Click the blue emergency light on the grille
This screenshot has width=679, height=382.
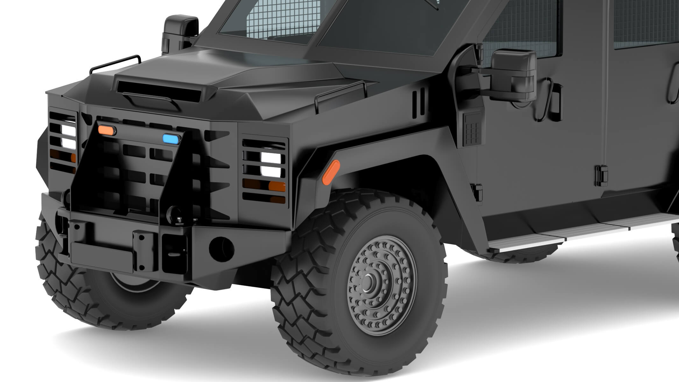(x=172, y=139)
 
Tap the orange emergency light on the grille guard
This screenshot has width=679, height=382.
(x=107, y=130)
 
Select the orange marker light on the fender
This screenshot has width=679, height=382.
(x=331, y=172)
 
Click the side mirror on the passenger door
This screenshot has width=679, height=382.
(x=513, y=76)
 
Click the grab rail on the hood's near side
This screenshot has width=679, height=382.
(x=340, y=94)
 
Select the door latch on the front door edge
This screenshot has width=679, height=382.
(x=602, y=176)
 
